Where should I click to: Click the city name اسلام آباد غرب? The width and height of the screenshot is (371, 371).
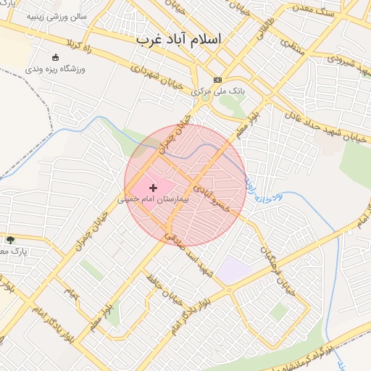(x=178, y=39)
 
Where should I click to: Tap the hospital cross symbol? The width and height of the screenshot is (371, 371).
(x=153, y=188)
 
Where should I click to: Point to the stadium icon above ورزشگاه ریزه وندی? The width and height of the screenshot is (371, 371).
(x=56, y=58)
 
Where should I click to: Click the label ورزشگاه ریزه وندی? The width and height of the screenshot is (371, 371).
(x=56, y=69)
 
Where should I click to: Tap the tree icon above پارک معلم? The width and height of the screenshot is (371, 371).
(x=10, y=240)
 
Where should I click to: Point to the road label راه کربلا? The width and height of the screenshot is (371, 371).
(x=79, y=50)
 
